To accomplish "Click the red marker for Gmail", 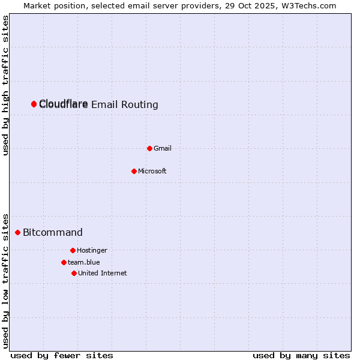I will [149, 148].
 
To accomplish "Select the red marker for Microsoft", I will [134, 171].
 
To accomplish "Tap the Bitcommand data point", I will [17, 232].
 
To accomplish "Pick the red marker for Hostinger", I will [73, 250].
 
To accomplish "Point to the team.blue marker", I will [64, 262].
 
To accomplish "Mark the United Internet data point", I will [74, 273].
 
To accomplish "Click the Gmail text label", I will [163, 148].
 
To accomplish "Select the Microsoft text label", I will [152, 171].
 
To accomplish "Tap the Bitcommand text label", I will [53, 232].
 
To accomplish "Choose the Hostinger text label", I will [92, 250].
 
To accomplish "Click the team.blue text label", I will [84, 262].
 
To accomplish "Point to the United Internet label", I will [103, 273].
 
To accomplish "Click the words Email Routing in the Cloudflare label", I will [125, 105].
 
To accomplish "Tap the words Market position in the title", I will [52, 5].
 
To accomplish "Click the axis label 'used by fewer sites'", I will [62, 355].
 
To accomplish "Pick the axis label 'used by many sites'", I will [301, 355].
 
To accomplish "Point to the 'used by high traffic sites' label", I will [6, 85].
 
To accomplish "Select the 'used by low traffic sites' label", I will [6, 280].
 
